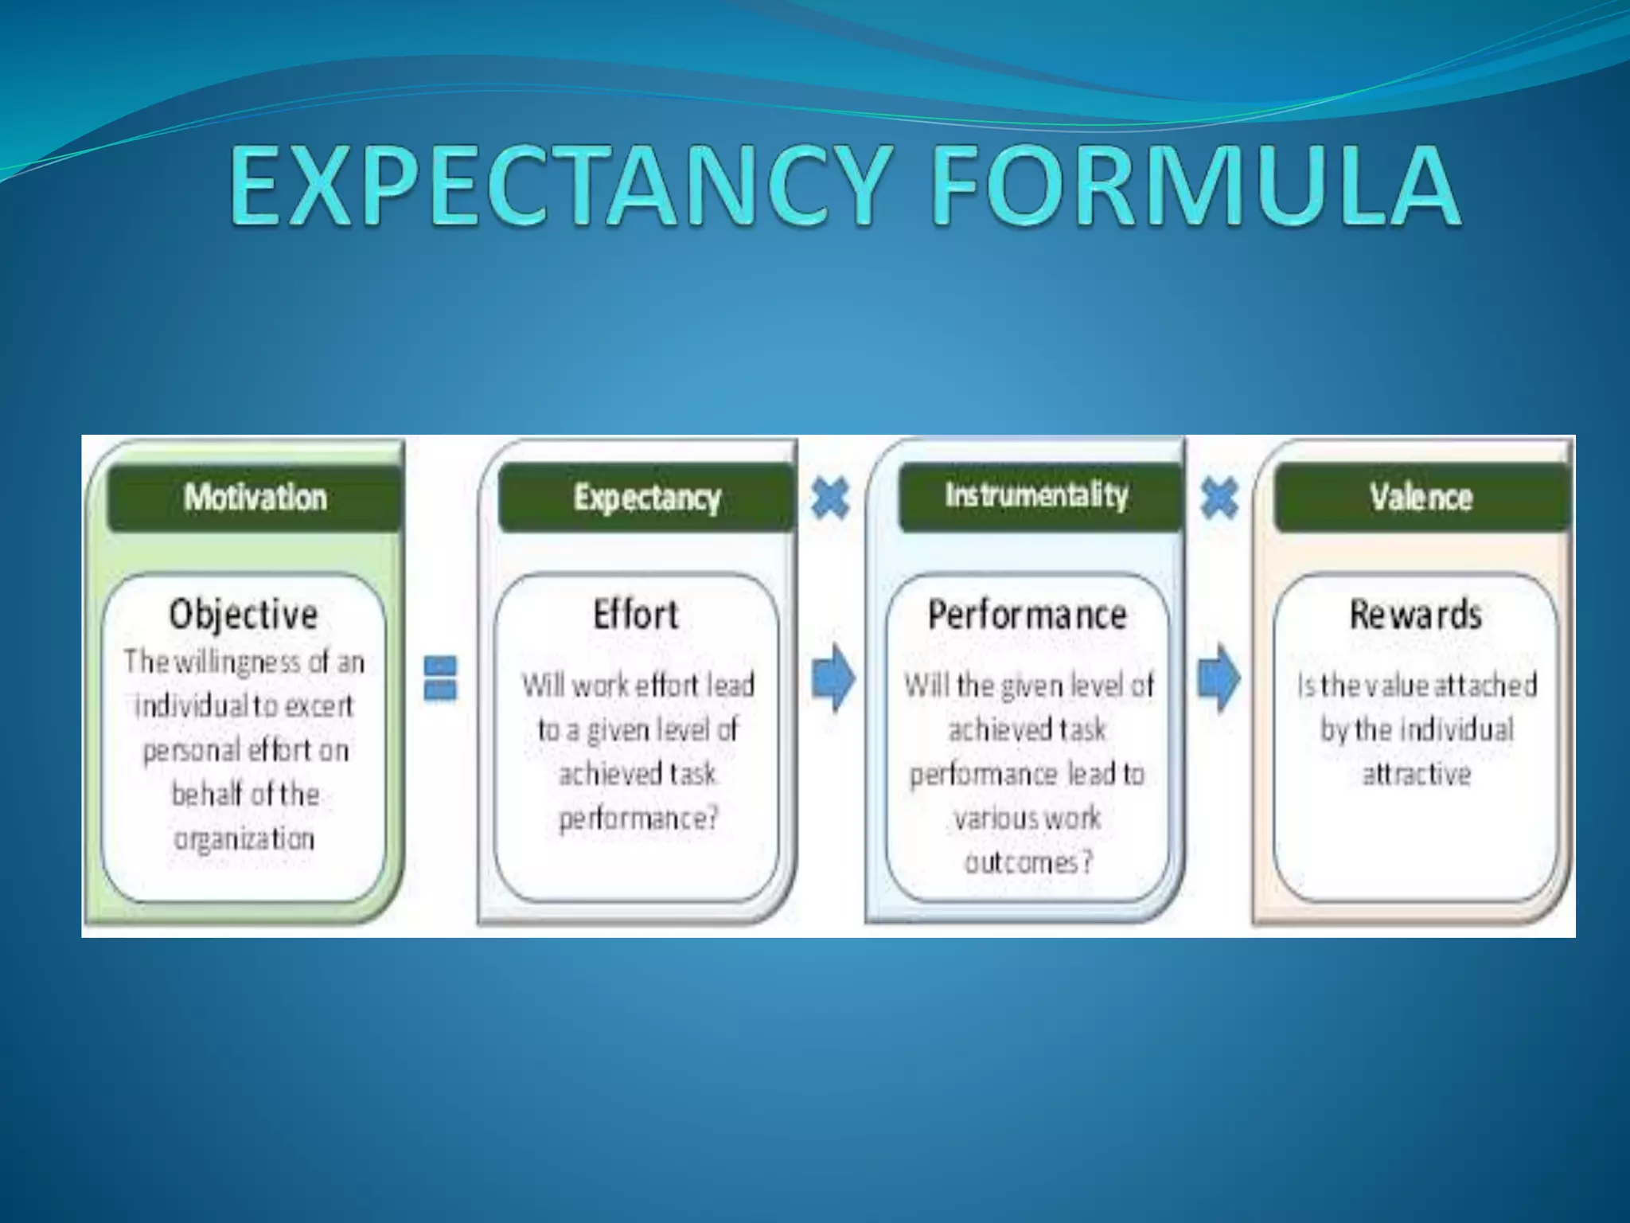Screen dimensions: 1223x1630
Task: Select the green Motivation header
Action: point(255,498)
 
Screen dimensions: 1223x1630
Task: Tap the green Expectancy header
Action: point(646,498)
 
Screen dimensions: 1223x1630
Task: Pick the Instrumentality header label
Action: point(1036,495)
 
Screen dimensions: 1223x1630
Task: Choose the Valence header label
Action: point(1421,498)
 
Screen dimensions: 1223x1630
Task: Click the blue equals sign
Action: point(440,678)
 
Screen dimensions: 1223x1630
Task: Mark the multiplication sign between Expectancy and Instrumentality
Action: point(830,498)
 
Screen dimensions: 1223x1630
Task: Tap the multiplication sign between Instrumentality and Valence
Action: point(1219,498)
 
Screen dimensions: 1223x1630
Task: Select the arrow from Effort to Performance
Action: point(833,678)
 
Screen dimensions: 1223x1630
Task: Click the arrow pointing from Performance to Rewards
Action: point(1219,678)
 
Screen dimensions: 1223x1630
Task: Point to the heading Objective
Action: point(244,615)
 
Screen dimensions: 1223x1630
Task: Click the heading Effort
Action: point(636,615)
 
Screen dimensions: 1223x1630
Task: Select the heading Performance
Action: point(1027,615)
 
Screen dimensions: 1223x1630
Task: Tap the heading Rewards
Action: point(1415,615)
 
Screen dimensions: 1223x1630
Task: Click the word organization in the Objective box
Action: point(244,838)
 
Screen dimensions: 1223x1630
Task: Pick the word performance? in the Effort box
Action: point(638,818)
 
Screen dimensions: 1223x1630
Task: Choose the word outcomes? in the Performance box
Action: point(1028,862)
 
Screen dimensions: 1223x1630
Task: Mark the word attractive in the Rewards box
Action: point(1416,774)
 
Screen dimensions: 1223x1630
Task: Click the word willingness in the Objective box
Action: point(237,662)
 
